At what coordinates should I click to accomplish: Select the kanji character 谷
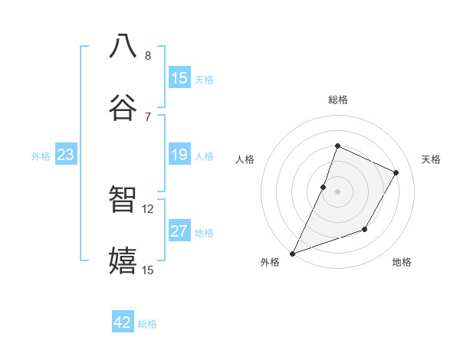(123, 108)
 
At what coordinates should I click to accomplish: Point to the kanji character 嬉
(123, 261)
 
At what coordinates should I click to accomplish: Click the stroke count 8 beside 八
(148, 56)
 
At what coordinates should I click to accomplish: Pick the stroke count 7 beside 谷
(148, 117)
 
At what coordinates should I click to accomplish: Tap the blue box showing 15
(179, 78)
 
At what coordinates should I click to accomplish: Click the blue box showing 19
(179, 155)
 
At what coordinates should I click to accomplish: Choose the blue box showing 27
(179, 231)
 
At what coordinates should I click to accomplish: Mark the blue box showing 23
(66, 155)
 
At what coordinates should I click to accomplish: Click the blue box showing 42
(123, 322)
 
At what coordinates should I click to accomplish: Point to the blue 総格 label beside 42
(147, 324)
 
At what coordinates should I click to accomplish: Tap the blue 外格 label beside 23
(41, 156)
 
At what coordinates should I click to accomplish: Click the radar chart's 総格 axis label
(337, 100)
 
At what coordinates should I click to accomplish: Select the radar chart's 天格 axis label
(432, 159)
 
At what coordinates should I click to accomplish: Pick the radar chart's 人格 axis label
(245, 159)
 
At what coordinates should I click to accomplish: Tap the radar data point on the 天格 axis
(396, 172)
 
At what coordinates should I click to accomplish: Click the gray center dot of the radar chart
(337, 191)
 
